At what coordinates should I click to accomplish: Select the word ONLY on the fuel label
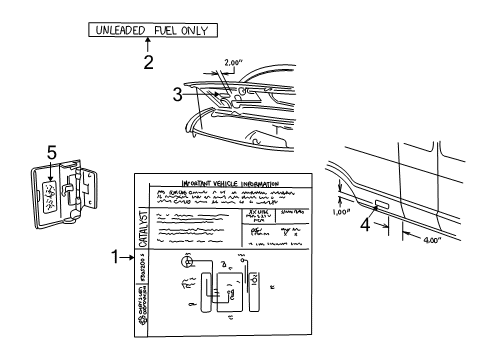tap(193, 30)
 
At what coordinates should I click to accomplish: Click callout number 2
tap(148, 63)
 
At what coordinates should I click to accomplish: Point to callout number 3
tap(177, 96)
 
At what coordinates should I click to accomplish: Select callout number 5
tap(53, 155)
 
